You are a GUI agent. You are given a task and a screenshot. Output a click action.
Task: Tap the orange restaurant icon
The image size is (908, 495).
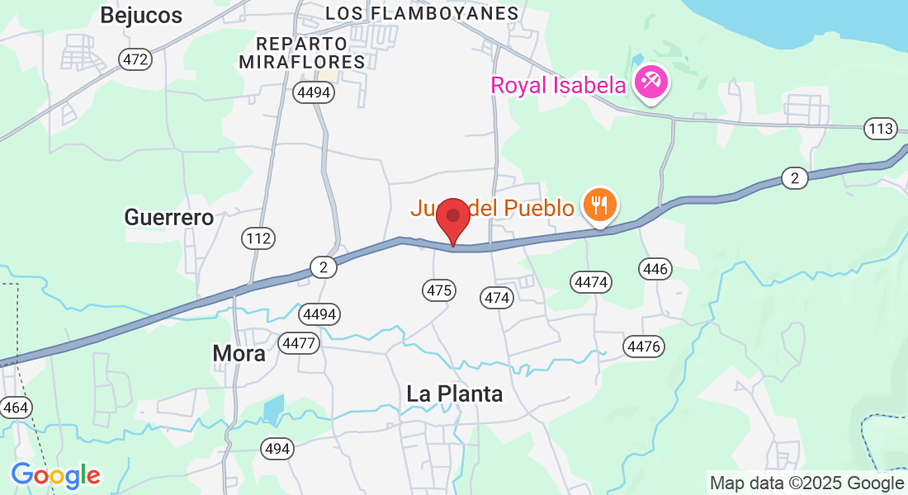(600, 204)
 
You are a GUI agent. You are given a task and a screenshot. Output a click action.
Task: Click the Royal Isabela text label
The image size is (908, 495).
(559, 86)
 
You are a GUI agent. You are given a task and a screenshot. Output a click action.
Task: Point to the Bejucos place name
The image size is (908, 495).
(140, 15)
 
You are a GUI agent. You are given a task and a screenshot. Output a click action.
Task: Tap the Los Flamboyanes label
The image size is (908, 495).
(422, 13)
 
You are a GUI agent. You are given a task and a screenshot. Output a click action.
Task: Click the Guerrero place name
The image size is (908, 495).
(169, 217)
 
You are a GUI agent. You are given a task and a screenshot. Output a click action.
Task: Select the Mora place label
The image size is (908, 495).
(239, 353)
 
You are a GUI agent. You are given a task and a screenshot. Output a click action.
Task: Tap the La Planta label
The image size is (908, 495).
(454, 394)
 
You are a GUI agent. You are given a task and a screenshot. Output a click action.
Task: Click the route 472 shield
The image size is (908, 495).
(135, 59)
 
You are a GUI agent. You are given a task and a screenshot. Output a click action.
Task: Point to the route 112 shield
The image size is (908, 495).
(258, 238)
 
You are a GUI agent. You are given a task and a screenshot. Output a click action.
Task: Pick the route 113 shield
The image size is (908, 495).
(881, 128)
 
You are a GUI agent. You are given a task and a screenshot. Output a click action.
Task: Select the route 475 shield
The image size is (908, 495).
(438, 290)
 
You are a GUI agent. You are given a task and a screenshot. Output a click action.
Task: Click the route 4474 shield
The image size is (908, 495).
(591, 282)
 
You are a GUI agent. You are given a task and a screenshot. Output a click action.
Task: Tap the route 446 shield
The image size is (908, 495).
(655, 268)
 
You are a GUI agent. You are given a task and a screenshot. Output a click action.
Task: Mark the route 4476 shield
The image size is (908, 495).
(643, 346)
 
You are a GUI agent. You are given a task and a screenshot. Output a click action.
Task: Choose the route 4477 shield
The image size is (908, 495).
(299, 342)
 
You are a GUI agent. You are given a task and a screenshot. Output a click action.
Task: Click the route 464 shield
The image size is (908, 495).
(15, 408)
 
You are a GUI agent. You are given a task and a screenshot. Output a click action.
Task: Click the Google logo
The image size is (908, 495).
(55, 475)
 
